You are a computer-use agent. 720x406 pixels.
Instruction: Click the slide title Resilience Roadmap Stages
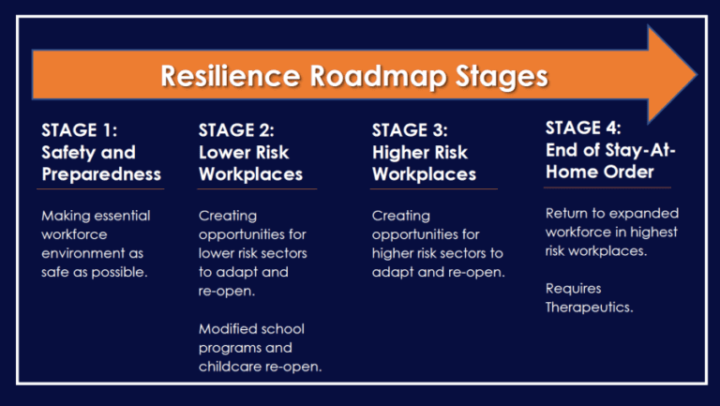[x=354, y=75]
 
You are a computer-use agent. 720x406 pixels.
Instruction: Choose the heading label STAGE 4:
[x=582, y=127]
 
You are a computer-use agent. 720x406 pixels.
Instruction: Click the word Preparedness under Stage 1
[x=101, y=173]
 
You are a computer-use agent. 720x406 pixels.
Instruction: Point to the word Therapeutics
[x=589, y=307]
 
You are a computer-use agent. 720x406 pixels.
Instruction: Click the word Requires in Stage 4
[x=573, y=289]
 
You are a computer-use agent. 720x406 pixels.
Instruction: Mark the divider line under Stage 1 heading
[x=102, y=189]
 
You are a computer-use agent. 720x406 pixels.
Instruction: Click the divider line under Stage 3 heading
[x=434, y=189]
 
